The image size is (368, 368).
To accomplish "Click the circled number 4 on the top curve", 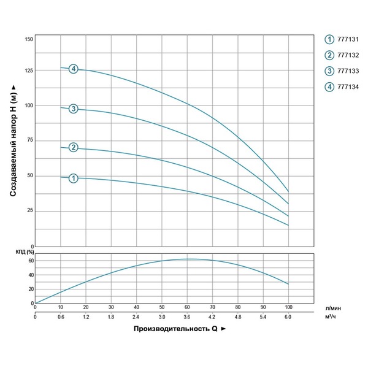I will click(74, 69).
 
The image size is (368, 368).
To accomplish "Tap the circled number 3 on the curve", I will click(73, 109).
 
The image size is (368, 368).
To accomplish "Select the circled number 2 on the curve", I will click(74, 147).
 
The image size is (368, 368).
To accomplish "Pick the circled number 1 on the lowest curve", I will click(73, 178).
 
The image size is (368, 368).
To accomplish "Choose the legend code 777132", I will click(347, 55).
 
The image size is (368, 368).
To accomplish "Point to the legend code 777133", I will click(347, 71).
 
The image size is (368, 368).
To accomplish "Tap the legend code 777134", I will click(347, 86).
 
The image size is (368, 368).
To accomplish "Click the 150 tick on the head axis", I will click(28, 39).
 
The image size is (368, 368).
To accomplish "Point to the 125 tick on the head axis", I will click(28, 71).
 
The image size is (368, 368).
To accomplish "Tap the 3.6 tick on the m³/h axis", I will click(186, 317).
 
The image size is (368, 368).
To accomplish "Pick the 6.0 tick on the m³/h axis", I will click(288, 317).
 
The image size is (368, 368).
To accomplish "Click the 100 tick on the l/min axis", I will click(288, 307).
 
